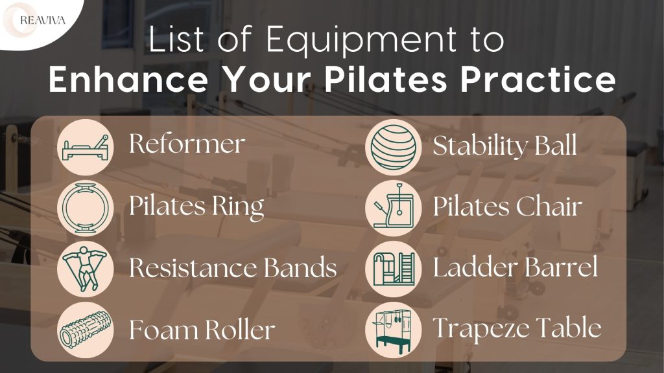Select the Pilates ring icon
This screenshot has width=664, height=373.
point(85,208)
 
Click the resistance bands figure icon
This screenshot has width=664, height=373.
point(85,267)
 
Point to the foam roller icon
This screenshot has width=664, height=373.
point(85,330)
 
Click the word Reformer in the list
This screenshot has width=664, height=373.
point(187,144)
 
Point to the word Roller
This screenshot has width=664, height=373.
point(239,330)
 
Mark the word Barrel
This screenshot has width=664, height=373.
point(563,267)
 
